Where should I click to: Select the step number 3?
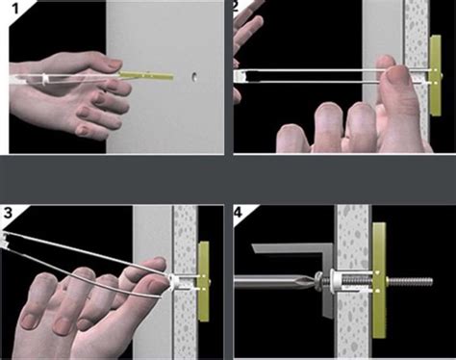tap(11, 215)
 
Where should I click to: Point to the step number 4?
tap(241, 214)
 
